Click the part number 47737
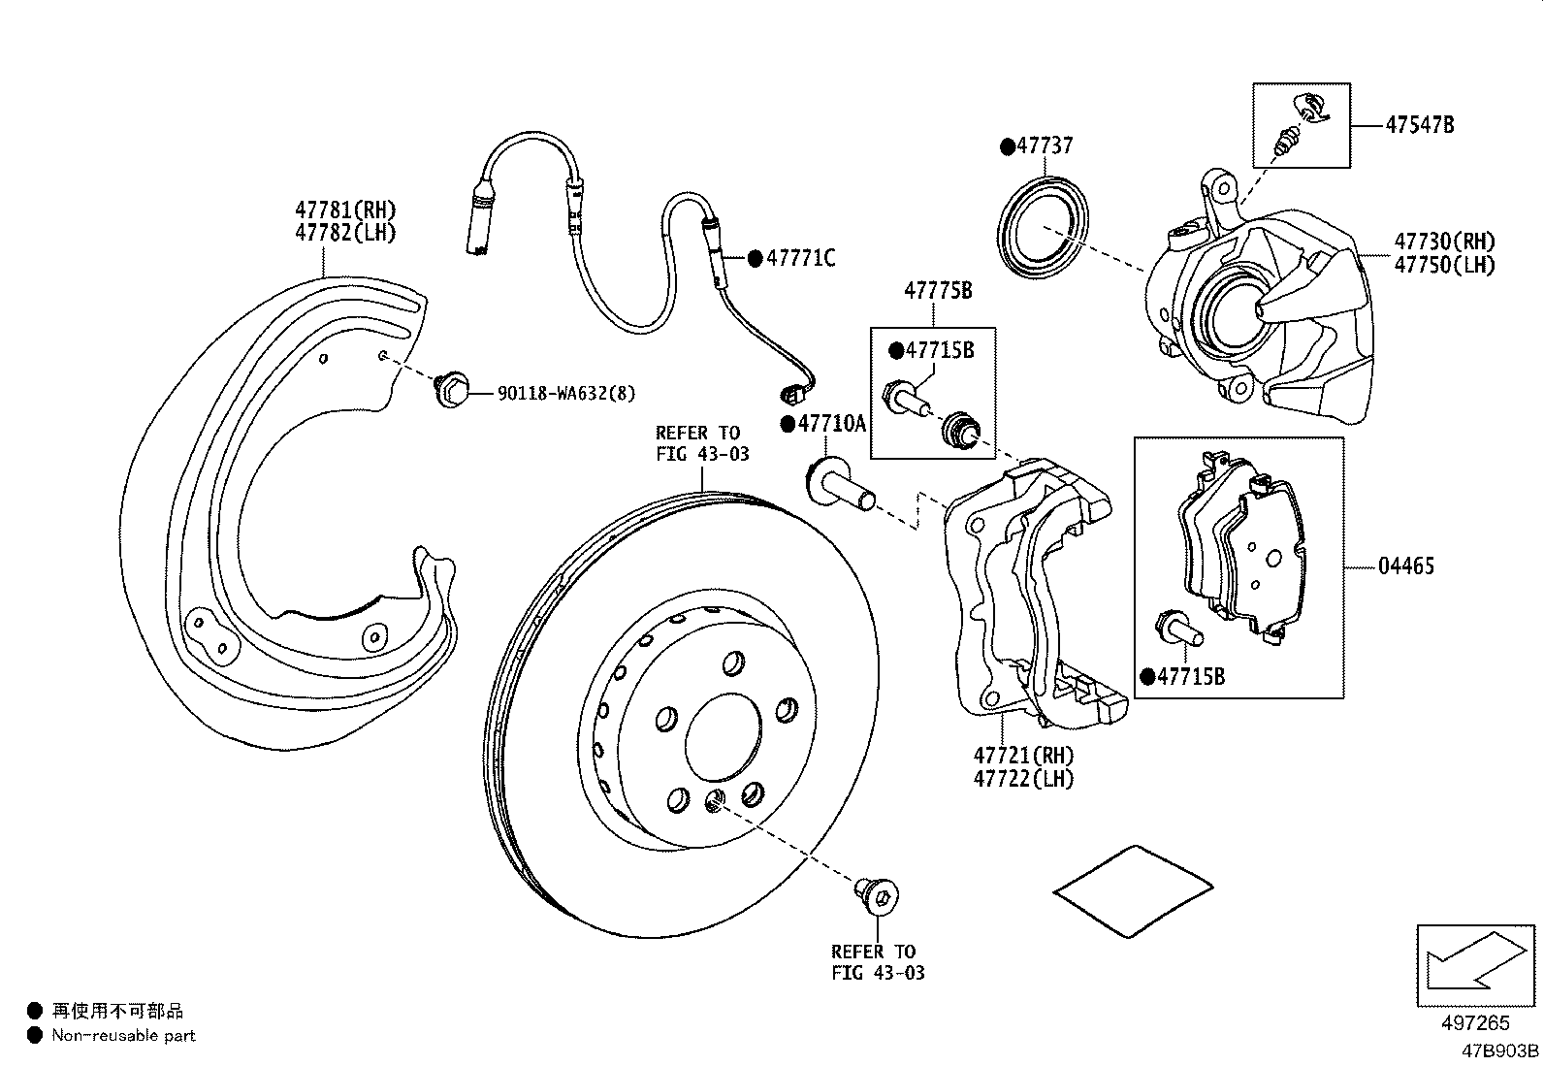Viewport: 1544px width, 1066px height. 1045,146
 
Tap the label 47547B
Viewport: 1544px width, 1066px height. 1419,125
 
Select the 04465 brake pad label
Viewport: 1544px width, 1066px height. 1405,565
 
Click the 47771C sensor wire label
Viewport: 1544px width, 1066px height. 800,258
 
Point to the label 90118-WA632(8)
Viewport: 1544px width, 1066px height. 566,393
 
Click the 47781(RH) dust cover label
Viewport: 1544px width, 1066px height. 345,210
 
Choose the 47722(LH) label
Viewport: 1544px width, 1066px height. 1024,778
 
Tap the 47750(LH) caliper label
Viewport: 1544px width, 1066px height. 1444,265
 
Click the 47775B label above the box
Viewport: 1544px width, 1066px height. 938,290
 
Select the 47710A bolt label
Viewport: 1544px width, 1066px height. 832,424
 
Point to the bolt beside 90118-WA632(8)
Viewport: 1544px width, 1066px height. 451,390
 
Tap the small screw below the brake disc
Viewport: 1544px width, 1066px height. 879,893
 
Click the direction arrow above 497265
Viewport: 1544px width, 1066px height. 1474,964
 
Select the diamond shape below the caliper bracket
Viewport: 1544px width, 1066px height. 1134,891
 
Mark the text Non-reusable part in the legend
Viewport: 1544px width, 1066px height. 123,1035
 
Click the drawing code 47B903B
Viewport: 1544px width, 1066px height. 1500,1050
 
